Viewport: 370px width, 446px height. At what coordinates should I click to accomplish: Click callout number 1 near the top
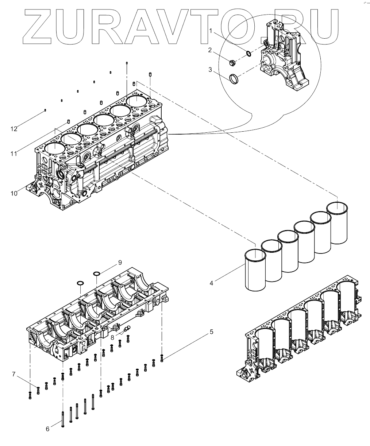tap(211, 32)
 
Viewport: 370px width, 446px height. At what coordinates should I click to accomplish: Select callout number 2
tap(210, 50)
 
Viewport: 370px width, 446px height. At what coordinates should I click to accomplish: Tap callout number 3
tap(211, 69)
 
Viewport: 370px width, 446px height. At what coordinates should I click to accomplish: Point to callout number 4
tap(212, 282)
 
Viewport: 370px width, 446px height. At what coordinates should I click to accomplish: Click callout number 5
tap(211, 332)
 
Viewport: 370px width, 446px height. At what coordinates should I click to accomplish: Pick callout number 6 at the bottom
tap(47, 429)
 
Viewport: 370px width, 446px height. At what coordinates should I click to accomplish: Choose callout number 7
tap(14, 374)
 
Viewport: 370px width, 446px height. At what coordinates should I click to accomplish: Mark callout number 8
tap(112, 338)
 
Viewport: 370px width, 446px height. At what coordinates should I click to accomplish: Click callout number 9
tap(119, 263)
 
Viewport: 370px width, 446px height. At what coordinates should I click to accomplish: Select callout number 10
tap(14, 193)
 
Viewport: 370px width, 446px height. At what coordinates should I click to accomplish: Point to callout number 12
tap(14, 129)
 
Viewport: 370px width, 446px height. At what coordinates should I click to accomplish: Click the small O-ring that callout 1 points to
tap(248, 54)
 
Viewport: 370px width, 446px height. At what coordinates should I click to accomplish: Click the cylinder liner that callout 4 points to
tap(255, 270)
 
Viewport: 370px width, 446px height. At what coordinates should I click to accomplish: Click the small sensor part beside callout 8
tap(127, 329)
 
